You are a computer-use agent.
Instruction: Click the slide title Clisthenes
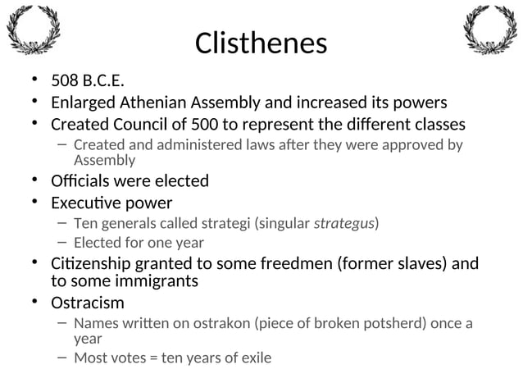tap(261, 43)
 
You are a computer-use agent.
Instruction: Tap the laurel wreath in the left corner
tap(33, 30)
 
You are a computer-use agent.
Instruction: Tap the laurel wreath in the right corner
tap(490, 30)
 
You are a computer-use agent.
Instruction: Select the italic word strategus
tap(344, 223)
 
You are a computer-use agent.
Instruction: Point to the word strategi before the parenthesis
tap(224, 223)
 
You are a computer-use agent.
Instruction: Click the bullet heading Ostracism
tap(88, 303)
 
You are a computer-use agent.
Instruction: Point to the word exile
tap(254, 358)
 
